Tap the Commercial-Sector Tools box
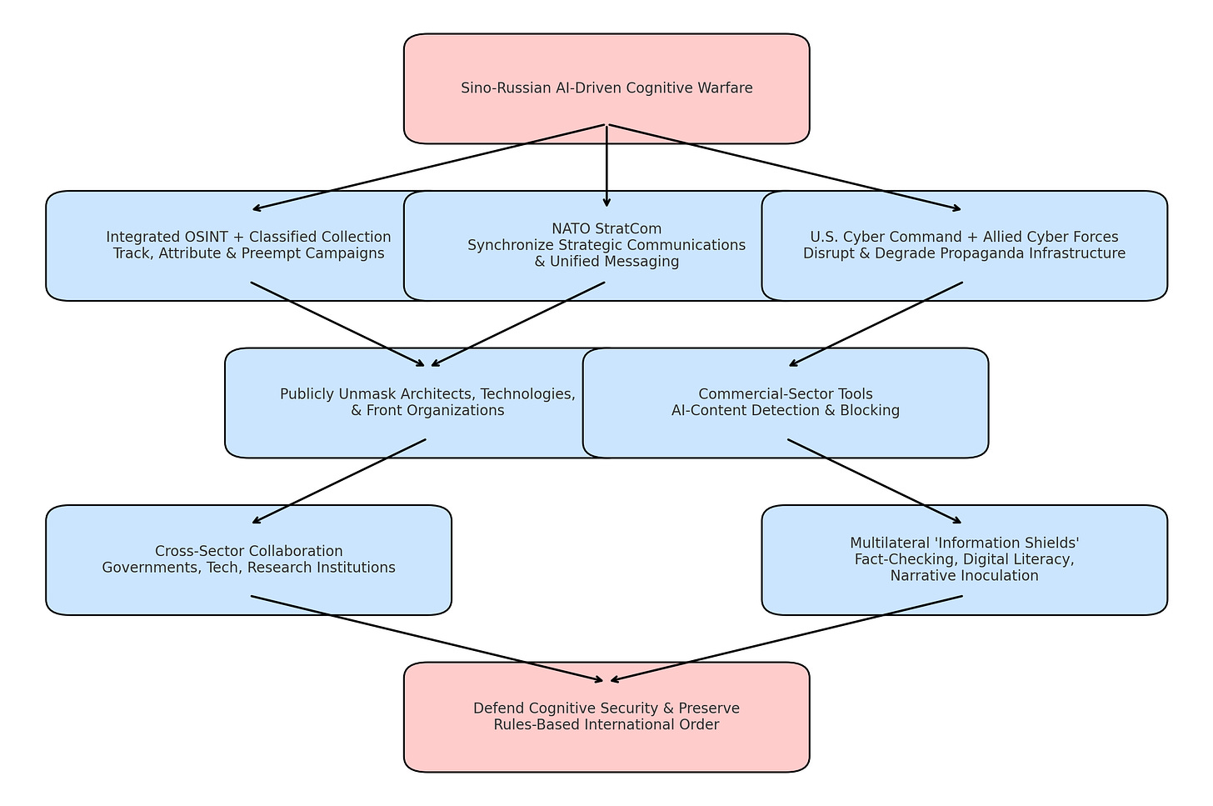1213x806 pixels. pos(785,403)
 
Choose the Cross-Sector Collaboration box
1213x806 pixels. pos(248,559)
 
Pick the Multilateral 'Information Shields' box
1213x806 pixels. pos(964,559)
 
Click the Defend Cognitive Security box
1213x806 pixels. pos(606,716)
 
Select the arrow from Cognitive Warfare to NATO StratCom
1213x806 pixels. pos(606,167)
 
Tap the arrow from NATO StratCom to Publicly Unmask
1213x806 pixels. pos(517,324)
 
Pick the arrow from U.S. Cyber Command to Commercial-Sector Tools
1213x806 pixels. pos(875,324)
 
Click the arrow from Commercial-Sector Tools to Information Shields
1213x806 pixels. pos(875,482)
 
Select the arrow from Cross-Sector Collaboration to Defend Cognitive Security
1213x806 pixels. pos(427,638)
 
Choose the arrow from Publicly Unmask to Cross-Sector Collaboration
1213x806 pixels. pos(338,482)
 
